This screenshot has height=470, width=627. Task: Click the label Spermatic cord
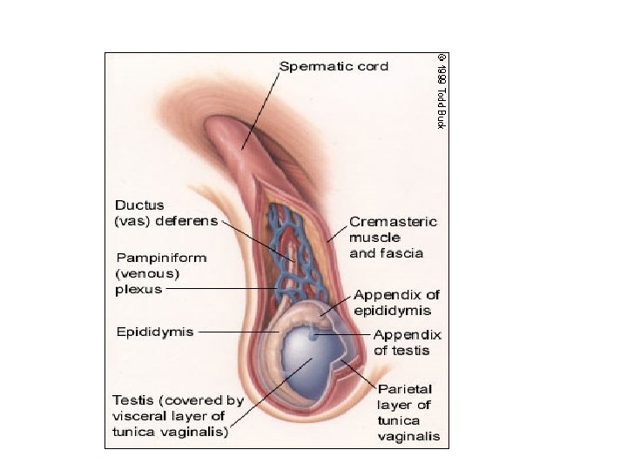coord(334,66)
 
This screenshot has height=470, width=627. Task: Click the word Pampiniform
coord(161,258)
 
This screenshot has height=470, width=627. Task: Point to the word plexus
coord(138,289)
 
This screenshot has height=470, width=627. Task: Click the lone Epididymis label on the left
coord(155,332)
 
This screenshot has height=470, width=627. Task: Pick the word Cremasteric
coord(393,222)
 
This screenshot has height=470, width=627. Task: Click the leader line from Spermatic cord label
coord(261,109)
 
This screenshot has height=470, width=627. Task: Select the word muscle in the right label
coord(374,238)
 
